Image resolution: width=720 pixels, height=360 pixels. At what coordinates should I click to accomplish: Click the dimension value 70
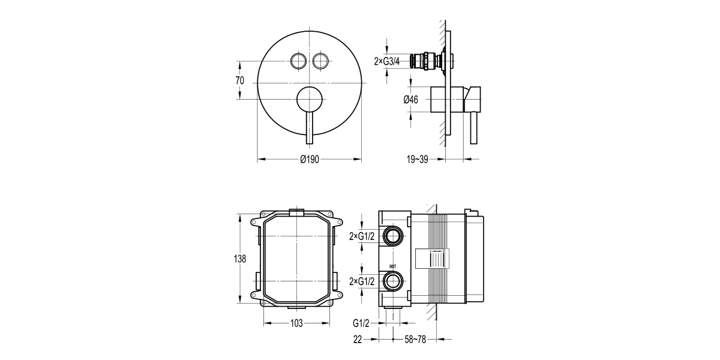pos(239,80)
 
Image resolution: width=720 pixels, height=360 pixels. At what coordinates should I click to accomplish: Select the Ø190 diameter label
pos(309,159)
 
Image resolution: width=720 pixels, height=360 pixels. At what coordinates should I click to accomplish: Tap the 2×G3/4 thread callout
pos(387,61)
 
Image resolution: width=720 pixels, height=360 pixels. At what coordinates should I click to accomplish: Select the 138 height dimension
pos(239,259)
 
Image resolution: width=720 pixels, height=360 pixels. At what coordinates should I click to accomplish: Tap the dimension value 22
pos(358,340)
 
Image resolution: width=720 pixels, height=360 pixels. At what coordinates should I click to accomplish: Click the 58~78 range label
pos(413,340)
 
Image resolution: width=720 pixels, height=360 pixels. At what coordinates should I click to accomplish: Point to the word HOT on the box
pos(393,269)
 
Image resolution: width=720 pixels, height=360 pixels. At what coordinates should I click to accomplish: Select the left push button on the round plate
pos(298,61)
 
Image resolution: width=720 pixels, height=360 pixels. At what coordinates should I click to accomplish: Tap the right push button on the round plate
pos(320,61)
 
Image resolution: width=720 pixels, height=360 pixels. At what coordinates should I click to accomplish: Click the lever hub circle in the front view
pos(309,99)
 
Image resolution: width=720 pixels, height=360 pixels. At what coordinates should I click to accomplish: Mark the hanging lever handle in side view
pos(475,129)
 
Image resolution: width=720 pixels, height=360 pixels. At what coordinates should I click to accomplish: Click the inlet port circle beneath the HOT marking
pos(394,281)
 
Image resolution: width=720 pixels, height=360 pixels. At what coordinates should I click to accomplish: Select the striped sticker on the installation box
pos(432,259)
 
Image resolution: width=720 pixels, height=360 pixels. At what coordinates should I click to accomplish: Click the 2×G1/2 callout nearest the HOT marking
pos(362,281)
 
